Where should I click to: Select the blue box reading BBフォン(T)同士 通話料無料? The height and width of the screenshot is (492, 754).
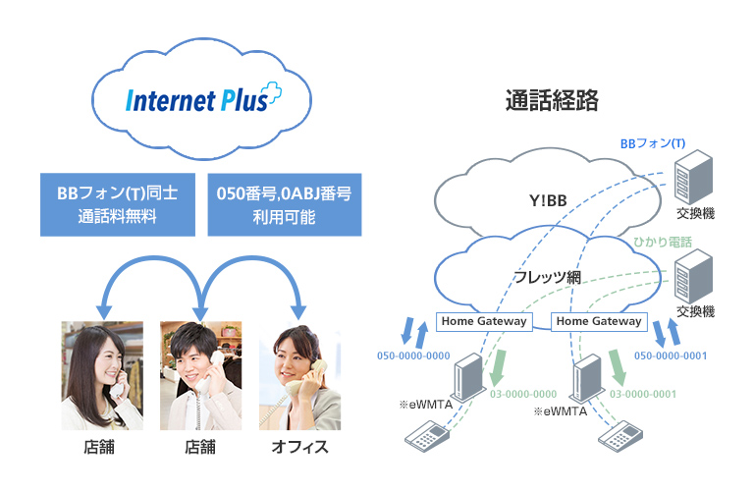(119, 204)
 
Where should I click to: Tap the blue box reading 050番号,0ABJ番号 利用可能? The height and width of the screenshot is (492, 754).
(283, 204)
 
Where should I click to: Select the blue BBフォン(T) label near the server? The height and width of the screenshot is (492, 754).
(651, 143)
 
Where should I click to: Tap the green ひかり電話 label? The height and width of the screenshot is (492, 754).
(665, 242)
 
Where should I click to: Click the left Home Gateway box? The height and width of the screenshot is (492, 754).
(484, 321)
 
